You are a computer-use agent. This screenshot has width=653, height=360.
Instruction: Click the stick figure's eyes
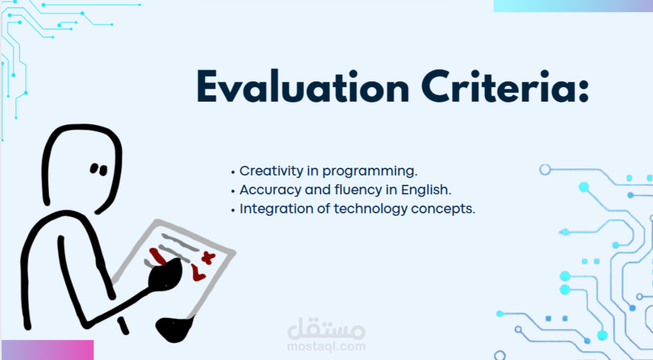99,169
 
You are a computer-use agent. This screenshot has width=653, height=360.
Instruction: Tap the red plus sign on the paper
208,258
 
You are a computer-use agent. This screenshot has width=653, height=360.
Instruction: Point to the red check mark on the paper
198,272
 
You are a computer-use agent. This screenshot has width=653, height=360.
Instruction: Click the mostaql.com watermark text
326,346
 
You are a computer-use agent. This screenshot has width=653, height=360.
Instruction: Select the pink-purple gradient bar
47,350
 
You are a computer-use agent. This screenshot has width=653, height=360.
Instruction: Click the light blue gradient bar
573,6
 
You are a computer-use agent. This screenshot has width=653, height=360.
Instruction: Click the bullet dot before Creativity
233,172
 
